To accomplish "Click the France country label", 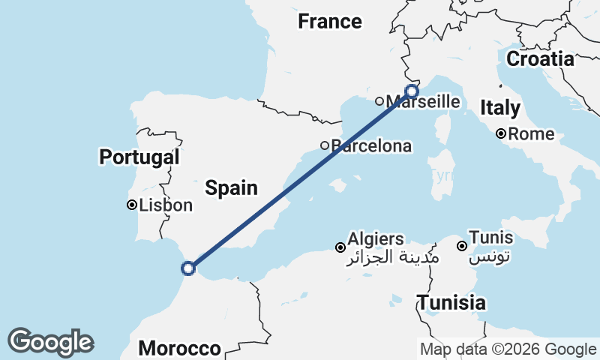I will (x=329, y=22).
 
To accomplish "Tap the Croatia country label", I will (x=540, y=58).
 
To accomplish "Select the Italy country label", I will (x=500, y=108).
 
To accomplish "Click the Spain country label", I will (x=231, y=188).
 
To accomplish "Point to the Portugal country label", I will (x=139, y=157).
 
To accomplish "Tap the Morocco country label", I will (x=180, y=349).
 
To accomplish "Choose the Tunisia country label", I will (x=451, y=303).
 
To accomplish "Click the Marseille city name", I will (x=424, y=101).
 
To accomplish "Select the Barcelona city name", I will (x=371, y=145).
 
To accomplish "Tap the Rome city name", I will (x=531, y=135).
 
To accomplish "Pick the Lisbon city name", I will (x=165, y=205).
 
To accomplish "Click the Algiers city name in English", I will (x=375, y=239).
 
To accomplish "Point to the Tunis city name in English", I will (x=490, y=237).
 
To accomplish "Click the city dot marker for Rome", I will (x=501, y=134).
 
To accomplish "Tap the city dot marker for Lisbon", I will (x=131, y=205).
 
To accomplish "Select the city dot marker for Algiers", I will (x=340, y=247).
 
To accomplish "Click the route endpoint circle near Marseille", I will (x=411, y=91).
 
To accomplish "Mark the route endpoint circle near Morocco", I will (x=188, y=268).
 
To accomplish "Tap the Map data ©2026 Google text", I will (x=508, y=349).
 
